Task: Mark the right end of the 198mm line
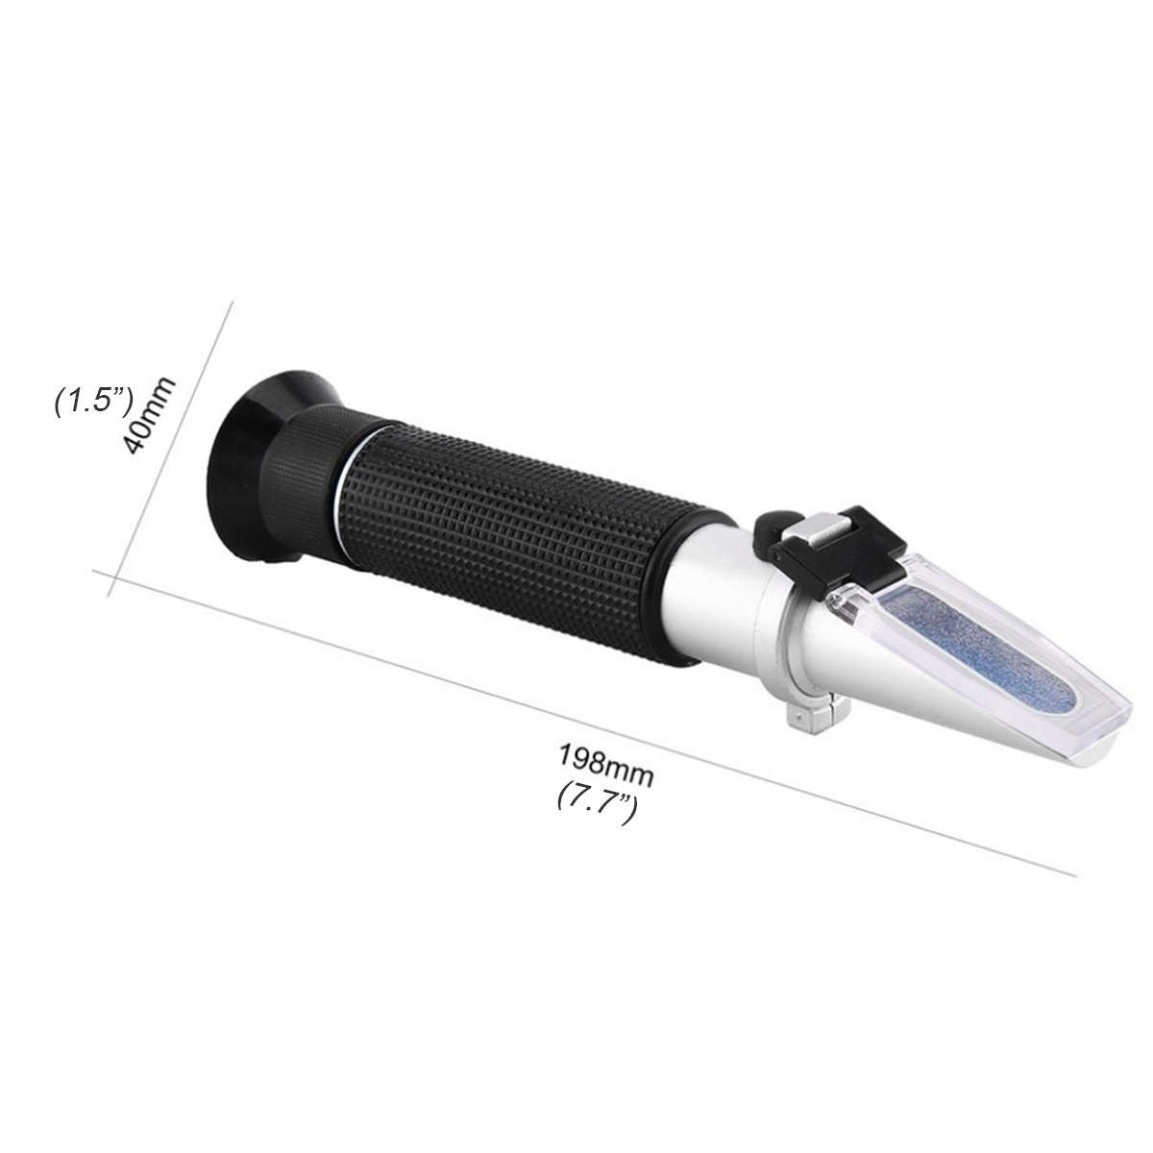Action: coord(1074,873)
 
